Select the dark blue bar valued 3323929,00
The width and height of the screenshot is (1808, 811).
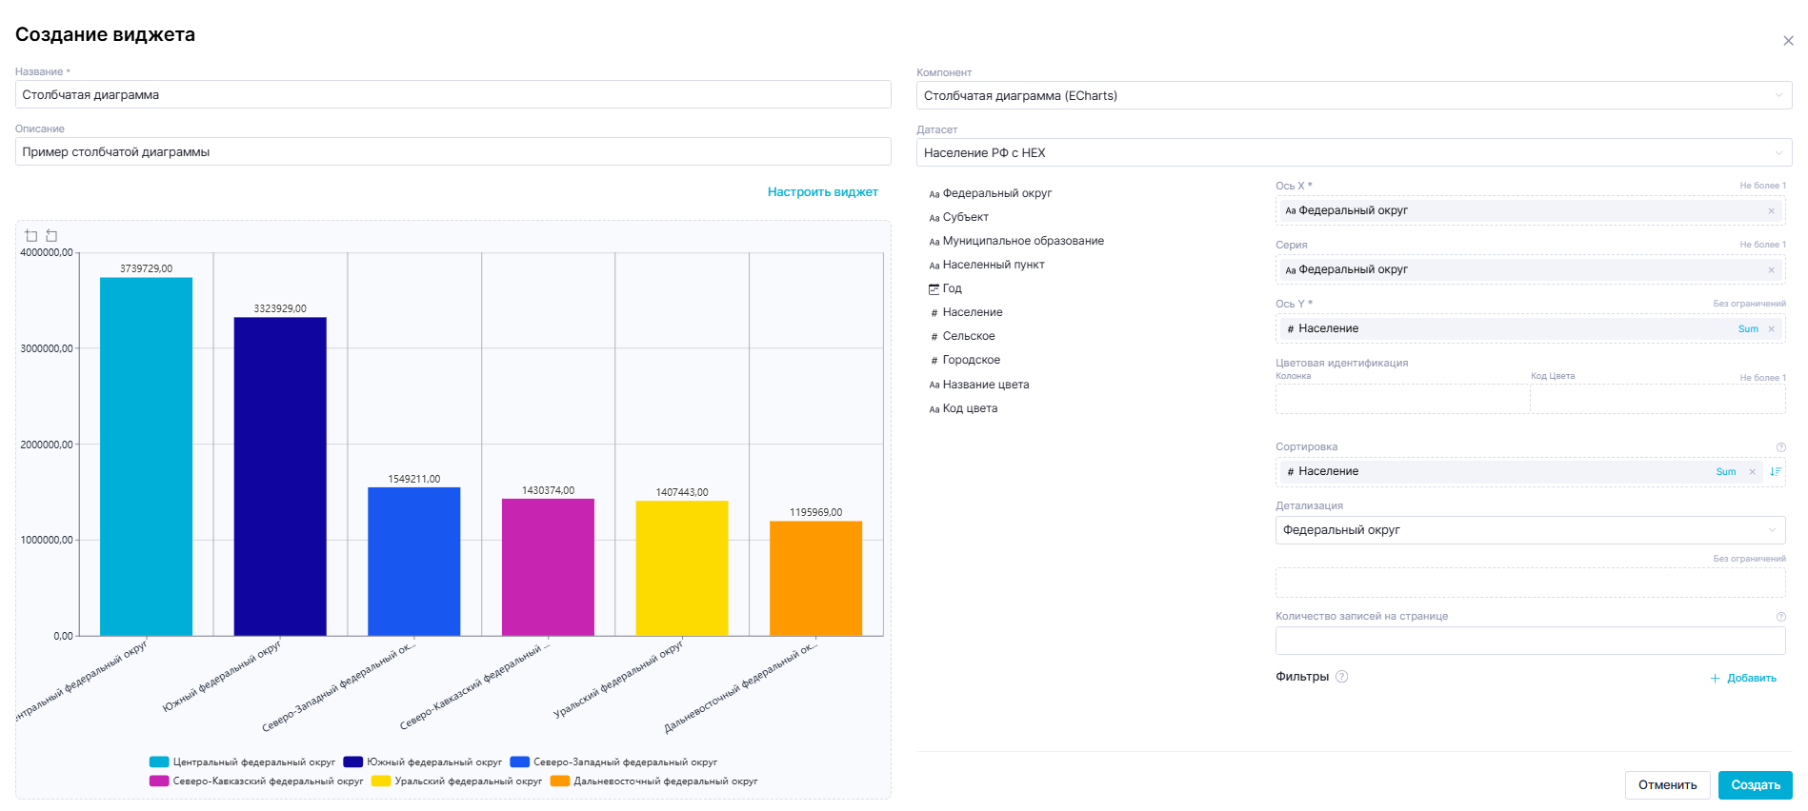point(280,476)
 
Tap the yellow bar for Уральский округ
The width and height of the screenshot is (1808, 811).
point(682,567)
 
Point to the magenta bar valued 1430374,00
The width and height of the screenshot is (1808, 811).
point(548,566)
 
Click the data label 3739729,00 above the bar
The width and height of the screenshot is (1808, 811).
point(146,268)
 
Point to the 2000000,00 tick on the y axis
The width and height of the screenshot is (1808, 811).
point(47,445)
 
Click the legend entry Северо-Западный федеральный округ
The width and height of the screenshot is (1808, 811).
point(613,762)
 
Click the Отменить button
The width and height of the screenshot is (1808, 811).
point(1667,785)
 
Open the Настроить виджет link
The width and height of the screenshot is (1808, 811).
point(822,192)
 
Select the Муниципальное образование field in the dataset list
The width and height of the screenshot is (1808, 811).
point(1022,241)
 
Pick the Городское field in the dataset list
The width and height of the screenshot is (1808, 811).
point(971,360)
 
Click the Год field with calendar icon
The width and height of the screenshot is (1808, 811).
point(952,288)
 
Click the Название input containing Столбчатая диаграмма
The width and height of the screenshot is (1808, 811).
point(452,95)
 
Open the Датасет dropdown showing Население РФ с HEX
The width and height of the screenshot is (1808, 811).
point(1353,152)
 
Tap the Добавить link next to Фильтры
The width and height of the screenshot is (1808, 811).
point(1744,678)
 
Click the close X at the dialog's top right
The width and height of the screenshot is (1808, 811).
point(1788,41)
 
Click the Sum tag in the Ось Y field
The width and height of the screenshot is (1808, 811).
point(1748,329)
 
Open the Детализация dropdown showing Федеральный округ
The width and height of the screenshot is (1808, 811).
point(1529,530)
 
